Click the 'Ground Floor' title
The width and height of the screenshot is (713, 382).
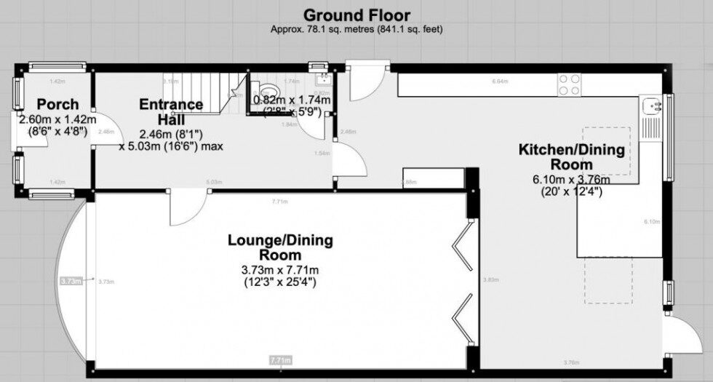[356, 15]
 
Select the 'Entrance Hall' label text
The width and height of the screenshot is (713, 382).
[171, 111]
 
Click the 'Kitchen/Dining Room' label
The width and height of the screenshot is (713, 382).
[570, 158]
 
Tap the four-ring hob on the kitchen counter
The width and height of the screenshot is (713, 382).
[569, 85]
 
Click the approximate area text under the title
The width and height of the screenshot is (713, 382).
[356, 30]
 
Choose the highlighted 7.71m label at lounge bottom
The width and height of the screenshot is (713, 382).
[280, 359]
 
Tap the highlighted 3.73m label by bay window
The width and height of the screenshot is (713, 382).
[71, 281]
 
